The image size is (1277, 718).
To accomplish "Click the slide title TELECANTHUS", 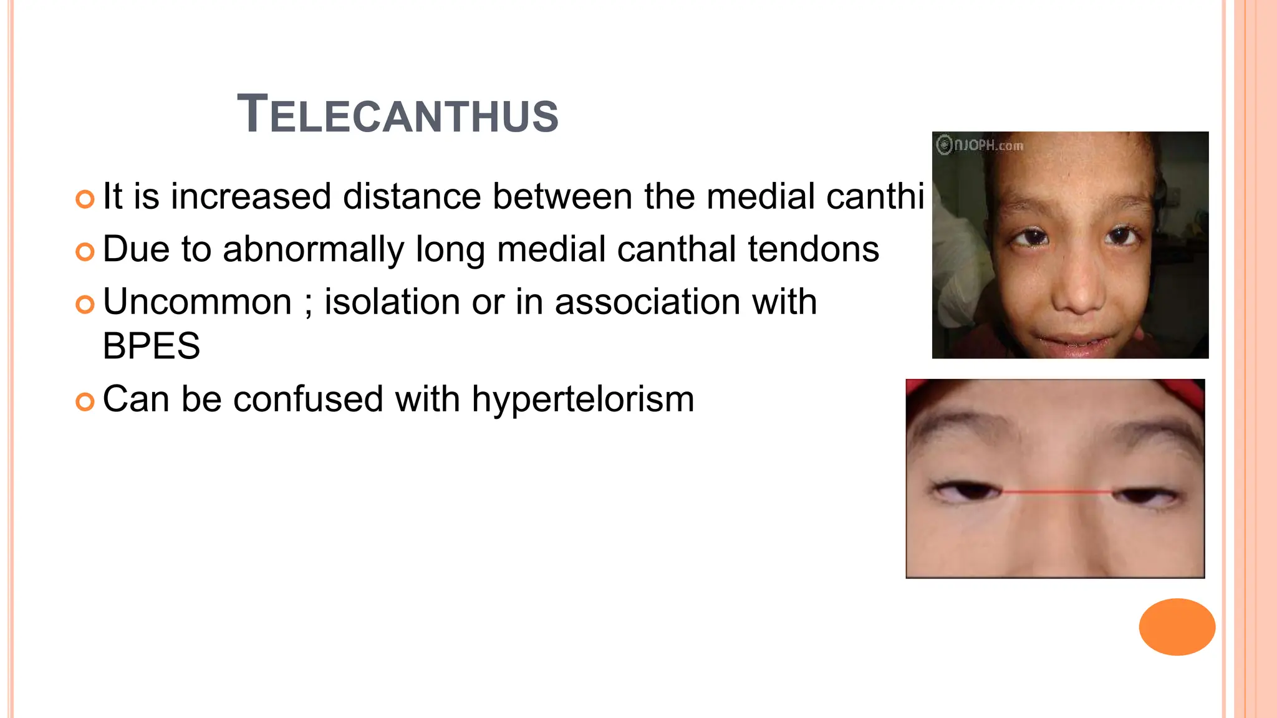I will (398, 115).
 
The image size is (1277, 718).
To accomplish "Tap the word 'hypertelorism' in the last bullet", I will (582, 400).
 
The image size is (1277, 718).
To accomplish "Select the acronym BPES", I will (152, 347).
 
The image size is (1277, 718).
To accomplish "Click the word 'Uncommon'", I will (197, 302).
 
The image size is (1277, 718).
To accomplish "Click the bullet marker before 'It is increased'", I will (85, 199).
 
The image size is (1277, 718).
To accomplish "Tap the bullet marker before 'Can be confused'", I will (85, 401).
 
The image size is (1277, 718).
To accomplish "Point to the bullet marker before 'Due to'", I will (85, 252).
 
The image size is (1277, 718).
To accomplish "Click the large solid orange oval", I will (1177, 626).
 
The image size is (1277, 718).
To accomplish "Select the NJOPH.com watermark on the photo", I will (980, 145).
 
